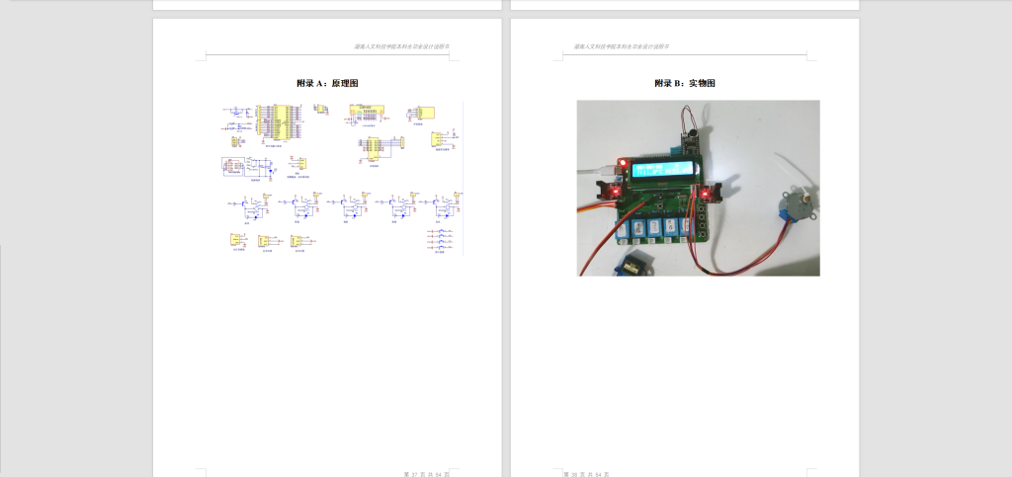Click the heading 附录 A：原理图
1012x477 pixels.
pos(327,83)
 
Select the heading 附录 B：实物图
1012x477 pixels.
pos(684,83)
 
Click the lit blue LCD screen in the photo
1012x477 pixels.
pos(659,176)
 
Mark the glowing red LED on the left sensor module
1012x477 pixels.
pos(615,189)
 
